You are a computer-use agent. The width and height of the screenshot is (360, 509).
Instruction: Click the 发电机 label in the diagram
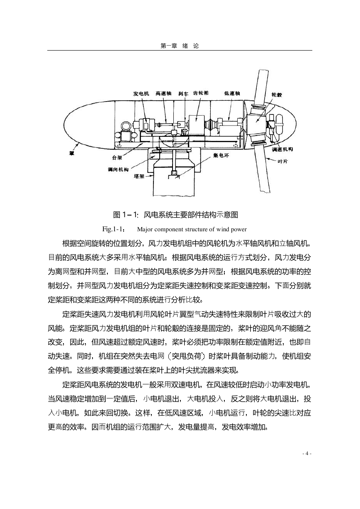pyautogui.click(x=141, y=94)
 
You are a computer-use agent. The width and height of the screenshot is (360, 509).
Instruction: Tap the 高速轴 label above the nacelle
pyautogui.click(x=163, y=93)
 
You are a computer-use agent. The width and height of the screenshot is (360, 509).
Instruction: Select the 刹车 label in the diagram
pyautogui.click(x=183, y=94)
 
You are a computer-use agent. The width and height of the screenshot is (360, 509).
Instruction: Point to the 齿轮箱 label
pyautogui.click(x=201, y=93)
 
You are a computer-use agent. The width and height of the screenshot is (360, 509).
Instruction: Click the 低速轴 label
pyautogui.click(x=232, y=93)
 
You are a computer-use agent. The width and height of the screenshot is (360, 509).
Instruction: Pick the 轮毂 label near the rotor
pyautogui.click(x=277, y=95)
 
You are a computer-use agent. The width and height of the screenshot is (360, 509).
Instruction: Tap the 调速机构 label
pyautogui.click(x=282, y=149)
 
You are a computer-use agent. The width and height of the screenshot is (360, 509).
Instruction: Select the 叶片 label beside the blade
pyautogui.click(x=283, y=161)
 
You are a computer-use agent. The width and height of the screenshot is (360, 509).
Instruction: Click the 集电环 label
pyautogui.click(x=221, y=155)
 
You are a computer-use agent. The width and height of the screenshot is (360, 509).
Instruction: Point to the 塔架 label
pyautogui.click(x=139, y=176)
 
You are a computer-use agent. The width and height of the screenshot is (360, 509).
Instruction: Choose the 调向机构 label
pyautogui.click(x=118, y=170)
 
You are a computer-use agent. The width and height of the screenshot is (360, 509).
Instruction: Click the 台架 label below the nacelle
pyautogui.click(x=117, y=158)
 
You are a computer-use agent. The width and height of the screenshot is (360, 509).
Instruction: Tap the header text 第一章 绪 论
pyautogui.click(x=180, y=46)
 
